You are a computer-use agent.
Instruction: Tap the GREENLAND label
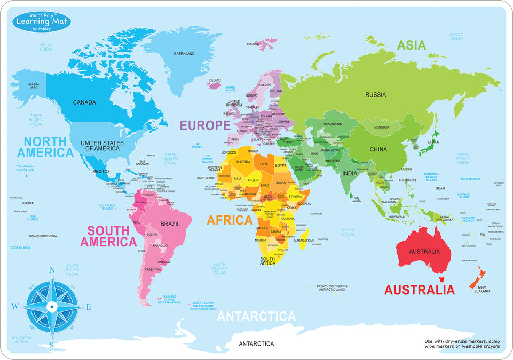[x=184, y=54]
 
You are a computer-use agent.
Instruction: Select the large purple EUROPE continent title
[x=205, y=125]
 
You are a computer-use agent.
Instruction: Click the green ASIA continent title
[x=412, y=45]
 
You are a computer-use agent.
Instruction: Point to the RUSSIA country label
[x=375, y=95]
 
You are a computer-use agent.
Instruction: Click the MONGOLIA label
[x=381, y=127]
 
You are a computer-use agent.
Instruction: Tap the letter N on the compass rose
[x=52, y=269]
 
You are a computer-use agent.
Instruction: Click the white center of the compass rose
[x=52, y=307]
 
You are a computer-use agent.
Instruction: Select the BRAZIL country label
[x=170, y=224]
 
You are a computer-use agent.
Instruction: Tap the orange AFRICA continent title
[x=230, y=220]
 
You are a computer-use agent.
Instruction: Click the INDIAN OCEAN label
[x=348, y=232]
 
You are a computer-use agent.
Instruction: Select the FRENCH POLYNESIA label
[x=43, y=236]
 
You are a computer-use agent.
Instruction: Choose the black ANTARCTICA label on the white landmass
[x=256, y=343]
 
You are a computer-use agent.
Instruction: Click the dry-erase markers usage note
[x=462, y=343]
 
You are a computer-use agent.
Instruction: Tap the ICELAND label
[x=214, y=80]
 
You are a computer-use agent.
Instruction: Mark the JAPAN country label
[x=433, y=142]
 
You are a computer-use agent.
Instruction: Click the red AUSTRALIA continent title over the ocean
[x=420, y=290]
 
